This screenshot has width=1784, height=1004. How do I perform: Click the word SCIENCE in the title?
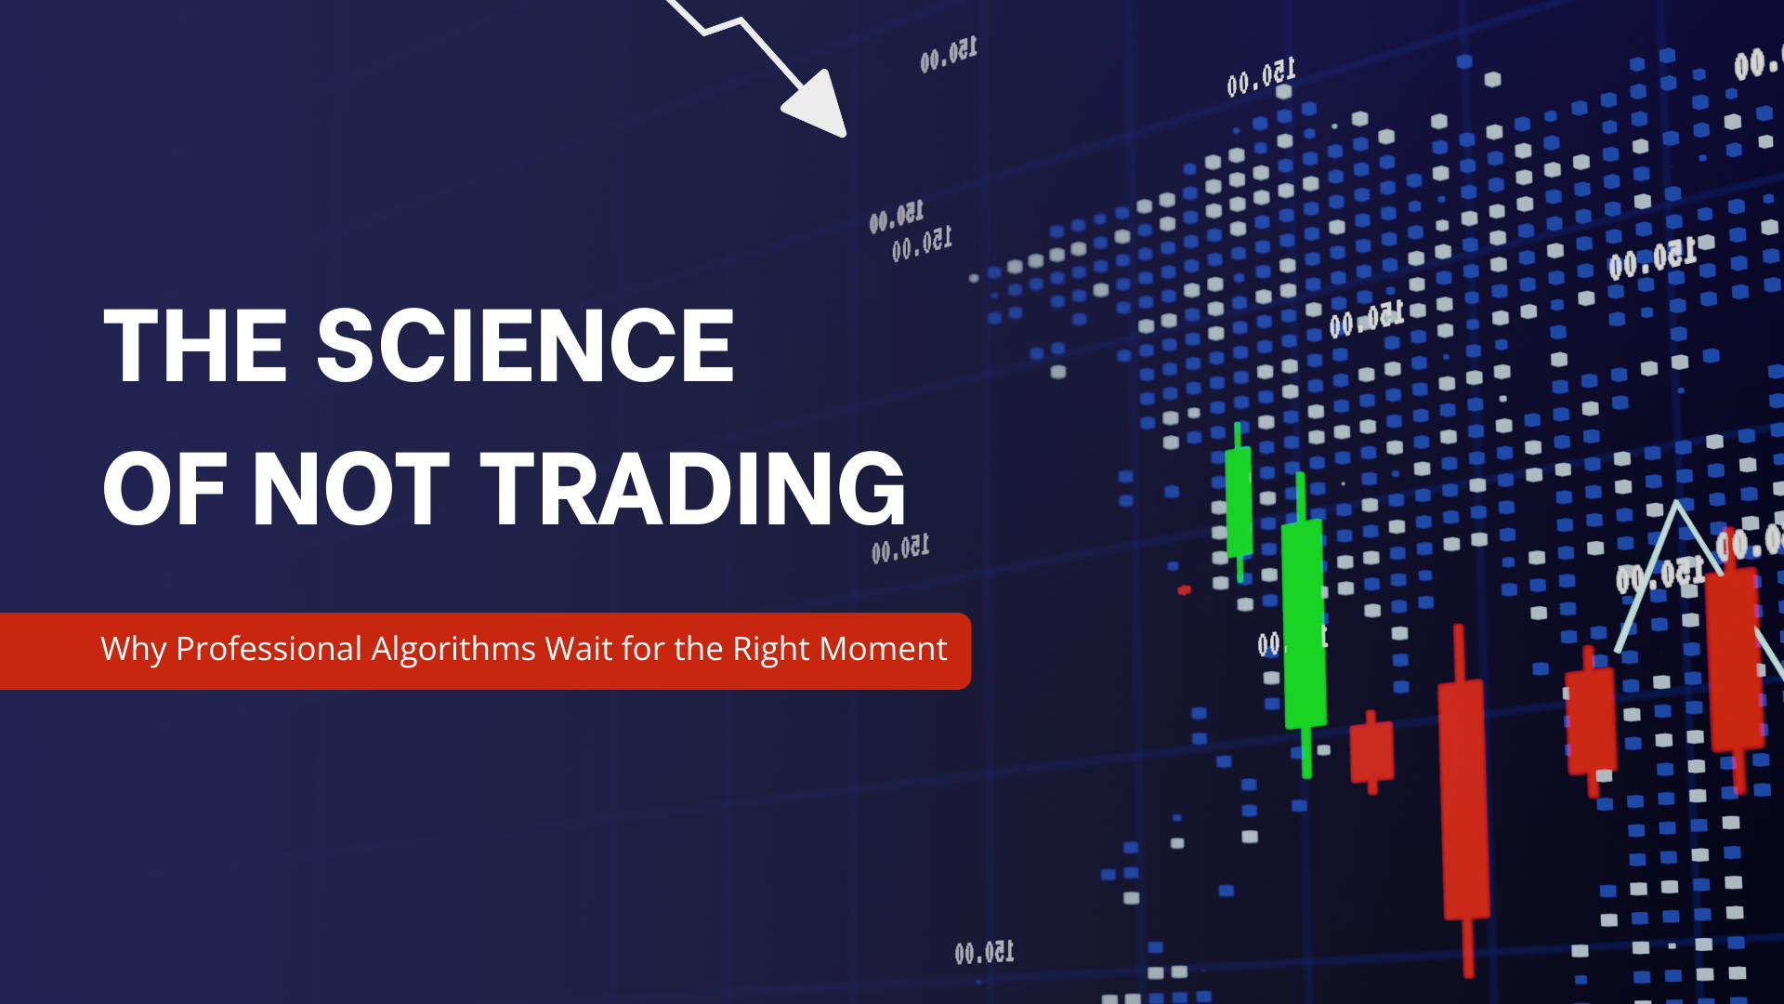coord(526,346)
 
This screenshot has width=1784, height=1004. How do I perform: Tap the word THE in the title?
coord(195,346)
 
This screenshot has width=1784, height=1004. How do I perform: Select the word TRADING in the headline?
coord(693,489)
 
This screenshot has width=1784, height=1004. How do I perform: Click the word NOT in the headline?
coord(351,489)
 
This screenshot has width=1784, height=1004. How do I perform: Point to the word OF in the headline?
coord(164,489)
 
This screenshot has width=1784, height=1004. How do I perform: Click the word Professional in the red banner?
coord(269,649)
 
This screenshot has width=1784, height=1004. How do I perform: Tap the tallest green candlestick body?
coord(1303,623)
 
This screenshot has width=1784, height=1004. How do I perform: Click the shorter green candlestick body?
coord(1239,502)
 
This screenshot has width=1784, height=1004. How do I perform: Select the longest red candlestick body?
coord(1463,799)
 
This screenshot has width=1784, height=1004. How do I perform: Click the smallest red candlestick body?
coord(1371,751)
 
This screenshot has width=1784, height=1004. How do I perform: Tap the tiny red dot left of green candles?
coord(1184,590)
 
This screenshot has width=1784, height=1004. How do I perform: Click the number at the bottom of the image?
coord(984,952)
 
